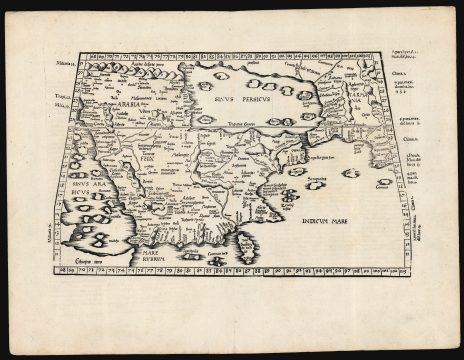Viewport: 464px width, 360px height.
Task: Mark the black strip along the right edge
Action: tap(459, 180)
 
